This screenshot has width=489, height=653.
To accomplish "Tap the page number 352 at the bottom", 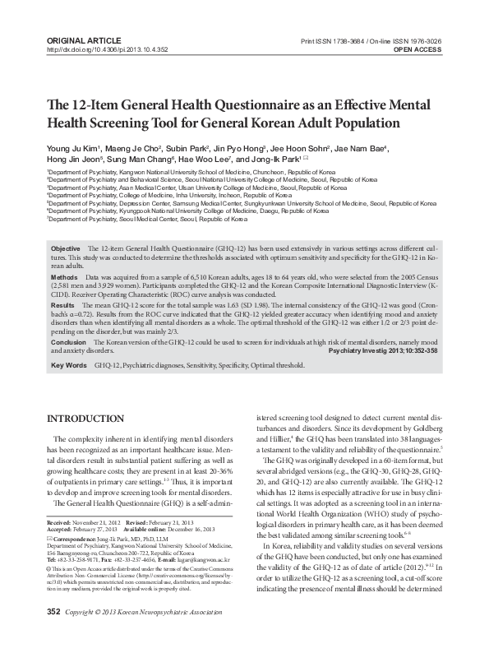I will pos(54,636).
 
